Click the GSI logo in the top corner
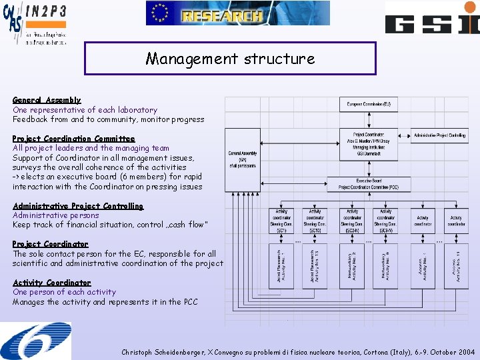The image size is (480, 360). [432, 18]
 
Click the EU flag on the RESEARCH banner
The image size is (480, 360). [159, 13]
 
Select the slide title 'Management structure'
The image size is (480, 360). [230, 59]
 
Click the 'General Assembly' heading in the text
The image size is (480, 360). [47, 100]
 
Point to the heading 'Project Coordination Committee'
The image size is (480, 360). [73, 139]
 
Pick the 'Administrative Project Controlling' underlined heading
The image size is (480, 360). [78, 206]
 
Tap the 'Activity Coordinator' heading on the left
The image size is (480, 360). [51, 283]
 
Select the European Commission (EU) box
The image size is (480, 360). [369, 105]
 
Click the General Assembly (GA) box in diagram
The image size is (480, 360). [243, 157]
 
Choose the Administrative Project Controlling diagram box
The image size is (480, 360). [440, 135]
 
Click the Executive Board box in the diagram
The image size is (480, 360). [369, 184]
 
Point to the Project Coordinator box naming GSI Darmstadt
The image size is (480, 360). [369, 145]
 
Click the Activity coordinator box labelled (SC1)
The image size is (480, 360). [282, 221]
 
